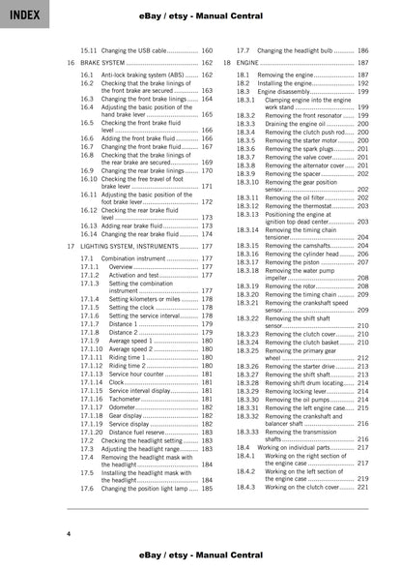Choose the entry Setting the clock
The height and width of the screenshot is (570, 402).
(129, 308)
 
